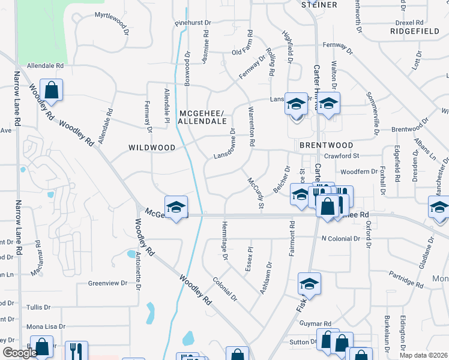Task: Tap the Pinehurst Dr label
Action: tap(193, 23)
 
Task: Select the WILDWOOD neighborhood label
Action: tap(152, 147)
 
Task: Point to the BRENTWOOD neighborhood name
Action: tap(327, 145)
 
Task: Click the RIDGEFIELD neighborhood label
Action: tap(414, 30)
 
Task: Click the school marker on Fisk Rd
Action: tap(309, 284)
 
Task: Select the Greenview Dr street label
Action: tap(108, 283)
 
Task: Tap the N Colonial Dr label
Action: tap(341, 239)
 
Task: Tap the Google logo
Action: tap(20, 353)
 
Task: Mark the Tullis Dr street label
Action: tap(38, 307)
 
